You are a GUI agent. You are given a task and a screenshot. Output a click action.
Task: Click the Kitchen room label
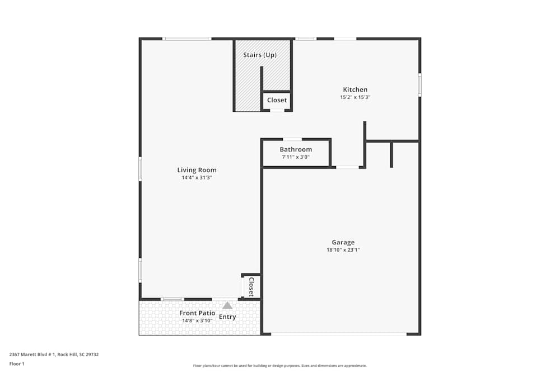[355, 89]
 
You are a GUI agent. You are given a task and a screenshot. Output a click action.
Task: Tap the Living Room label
[197, 170]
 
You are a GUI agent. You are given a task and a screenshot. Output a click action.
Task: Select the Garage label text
[343, 242]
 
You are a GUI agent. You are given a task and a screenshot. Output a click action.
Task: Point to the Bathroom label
[296, 149]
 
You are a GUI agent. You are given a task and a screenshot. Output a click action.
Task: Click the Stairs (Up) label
[260, 55]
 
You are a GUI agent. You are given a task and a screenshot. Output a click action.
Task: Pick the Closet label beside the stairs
[277, 100]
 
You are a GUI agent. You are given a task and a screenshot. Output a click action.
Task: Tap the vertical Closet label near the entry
[251, 286]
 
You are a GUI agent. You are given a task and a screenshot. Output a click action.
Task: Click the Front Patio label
[197, 313]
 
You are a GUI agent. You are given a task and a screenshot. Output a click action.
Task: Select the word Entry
[227, 317]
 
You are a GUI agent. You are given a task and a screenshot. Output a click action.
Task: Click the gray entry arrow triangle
[227, 305]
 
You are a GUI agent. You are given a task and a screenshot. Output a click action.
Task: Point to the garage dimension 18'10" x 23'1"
[343, 250]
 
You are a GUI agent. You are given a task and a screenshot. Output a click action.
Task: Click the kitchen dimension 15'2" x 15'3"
[355, 97]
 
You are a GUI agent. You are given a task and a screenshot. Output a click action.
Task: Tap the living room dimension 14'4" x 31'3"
[197, 178]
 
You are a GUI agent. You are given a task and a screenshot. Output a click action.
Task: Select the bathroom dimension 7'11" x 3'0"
[296, 157]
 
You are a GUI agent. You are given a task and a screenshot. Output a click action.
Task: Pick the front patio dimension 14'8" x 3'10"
[197, 321]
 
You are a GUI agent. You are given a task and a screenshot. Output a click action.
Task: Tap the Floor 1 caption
[17, 363]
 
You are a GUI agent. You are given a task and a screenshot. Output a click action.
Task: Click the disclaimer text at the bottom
[280, 366]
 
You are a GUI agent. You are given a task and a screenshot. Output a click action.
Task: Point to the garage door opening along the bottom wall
[339, 334]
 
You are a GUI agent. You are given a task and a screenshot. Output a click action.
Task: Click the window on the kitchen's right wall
[419, 85]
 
